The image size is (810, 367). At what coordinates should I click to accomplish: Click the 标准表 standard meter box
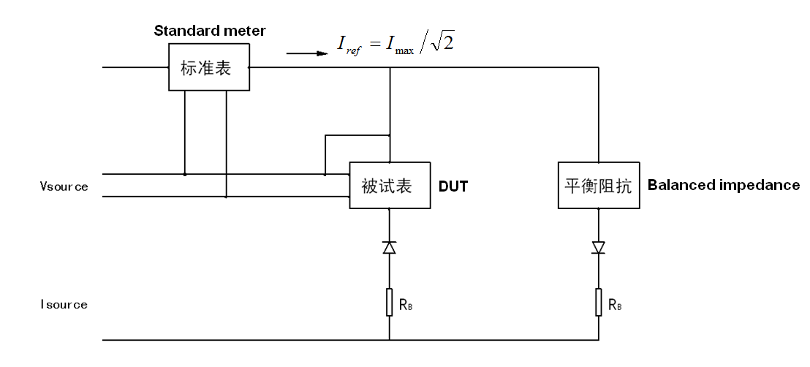[208, 68]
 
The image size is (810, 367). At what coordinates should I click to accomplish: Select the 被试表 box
[389, 185]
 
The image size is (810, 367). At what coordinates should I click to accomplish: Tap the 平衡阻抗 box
[599, 185]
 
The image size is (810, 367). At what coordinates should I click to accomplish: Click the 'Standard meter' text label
[210, 31]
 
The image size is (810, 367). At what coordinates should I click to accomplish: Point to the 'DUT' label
[453, 186]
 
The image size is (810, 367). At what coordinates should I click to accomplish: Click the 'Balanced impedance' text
[723, 185]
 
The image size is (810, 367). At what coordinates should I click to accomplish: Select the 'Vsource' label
[64, 186]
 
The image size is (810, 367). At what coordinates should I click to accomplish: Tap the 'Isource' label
[64, 304]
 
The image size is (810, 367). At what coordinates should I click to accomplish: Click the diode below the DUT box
[389, 248]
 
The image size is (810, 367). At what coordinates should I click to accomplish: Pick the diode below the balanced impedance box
[599, 248]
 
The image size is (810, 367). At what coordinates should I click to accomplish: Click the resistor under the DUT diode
[389, 303]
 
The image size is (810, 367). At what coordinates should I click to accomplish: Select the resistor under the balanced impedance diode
[599, 303]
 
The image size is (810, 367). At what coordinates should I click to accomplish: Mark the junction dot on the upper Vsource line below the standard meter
[185, 174]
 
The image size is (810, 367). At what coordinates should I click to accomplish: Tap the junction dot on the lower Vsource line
[226, 197]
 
